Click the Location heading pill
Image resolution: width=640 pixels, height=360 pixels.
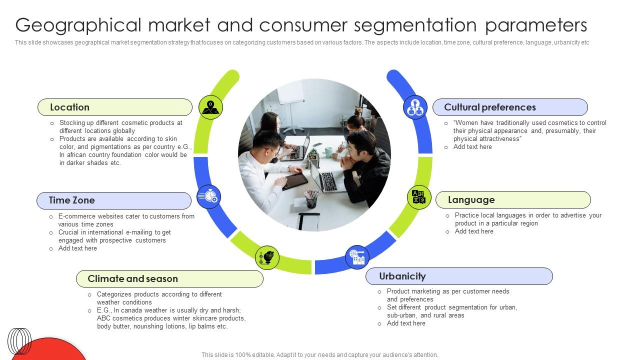coord(114,107)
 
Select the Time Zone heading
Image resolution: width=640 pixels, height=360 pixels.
coord(113,200)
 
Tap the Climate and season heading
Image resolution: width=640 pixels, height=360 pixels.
coord(169,279)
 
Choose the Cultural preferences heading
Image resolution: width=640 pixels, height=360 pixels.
coord(509,107)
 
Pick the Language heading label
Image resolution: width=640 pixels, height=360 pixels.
coord(512,200)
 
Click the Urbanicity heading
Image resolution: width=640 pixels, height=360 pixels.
coord(458,276)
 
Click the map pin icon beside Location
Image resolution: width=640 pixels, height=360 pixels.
coord(210,107)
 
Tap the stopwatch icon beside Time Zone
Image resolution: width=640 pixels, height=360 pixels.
coord(209,196)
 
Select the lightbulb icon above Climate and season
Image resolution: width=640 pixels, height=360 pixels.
coord(267,258)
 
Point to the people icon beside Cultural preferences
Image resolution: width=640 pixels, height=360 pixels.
coord(415,107)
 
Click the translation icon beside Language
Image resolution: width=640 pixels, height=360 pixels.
coord(418,197)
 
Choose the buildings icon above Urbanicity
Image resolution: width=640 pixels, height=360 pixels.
coord(357,257)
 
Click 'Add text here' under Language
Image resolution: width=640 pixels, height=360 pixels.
coord(474,231)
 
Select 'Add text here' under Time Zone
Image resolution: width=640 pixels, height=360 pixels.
coord(77,248)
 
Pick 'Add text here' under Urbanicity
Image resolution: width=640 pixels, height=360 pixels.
coord(406,323)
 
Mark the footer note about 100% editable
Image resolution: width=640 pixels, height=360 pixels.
coord(319,355)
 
